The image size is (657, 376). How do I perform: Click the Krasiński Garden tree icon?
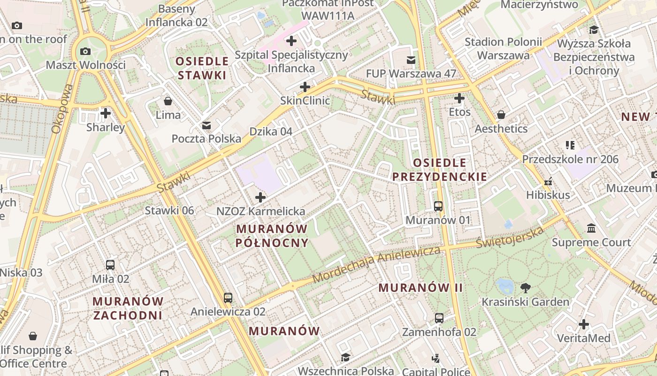[x=526, y=288]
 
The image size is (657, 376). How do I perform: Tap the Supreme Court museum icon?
[x=591, y=228]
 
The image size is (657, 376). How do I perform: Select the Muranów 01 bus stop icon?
[x=438, y=206]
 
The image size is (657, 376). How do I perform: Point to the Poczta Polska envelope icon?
[x=206, y=125]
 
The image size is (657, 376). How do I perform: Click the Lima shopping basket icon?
[x=168, y=101]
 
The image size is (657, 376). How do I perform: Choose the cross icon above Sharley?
[x=106, y=113]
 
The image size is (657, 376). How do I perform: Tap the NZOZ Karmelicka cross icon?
[x=260, y=197]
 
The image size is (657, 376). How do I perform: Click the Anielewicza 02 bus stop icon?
[x=228, y=298]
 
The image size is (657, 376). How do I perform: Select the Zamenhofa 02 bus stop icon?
[x=439, y=318]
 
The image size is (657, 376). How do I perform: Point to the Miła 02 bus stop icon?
[x=110, y=265]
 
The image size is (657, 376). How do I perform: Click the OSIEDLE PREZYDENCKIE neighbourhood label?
[x=439, y=170]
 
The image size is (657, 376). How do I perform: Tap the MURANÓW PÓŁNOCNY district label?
[x=272, y=235]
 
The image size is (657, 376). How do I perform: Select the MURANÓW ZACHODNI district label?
[x=128, y=308]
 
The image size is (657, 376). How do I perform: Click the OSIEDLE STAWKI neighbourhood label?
[x=202, y=68]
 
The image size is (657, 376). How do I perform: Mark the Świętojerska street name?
[x=510, y=237]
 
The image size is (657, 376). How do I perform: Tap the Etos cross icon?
[x=459, y=98]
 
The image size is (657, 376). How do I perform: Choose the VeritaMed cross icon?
[x=584, y=324]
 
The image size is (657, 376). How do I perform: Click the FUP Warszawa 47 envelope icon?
[x=411, y=60]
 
